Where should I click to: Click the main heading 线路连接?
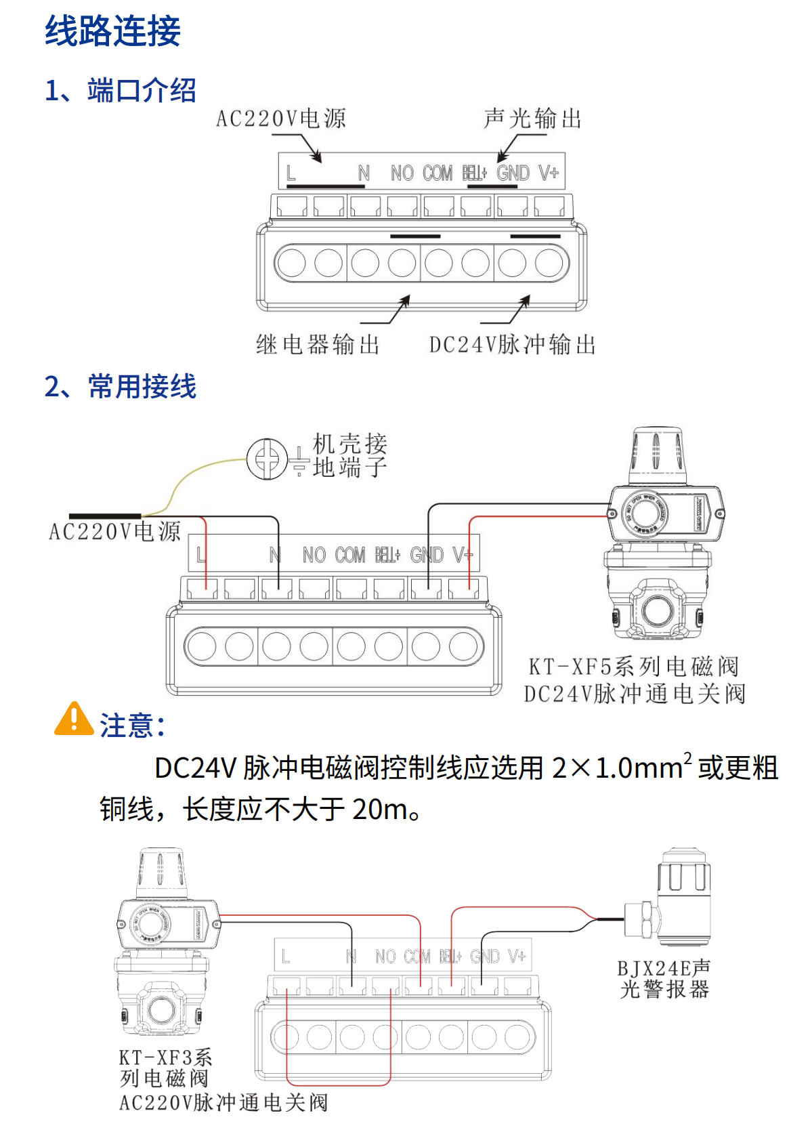[112, 31]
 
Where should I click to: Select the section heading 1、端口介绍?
[120, 90]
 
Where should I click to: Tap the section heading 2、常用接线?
[120, 387]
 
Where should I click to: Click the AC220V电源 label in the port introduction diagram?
[281, 119]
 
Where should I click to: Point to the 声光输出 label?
[533, 119]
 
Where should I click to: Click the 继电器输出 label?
[318, 345]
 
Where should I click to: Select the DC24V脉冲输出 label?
[512, 345]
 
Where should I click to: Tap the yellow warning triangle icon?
[74, 719]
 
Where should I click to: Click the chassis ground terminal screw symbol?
[267, 459]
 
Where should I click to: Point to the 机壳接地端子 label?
[349, 455]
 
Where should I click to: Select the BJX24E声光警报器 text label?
[664, 979]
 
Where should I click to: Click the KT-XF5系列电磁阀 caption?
[633, 667]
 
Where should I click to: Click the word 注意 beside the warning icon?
[128, 726]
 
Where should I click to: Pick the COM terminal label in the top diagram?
[437, 174]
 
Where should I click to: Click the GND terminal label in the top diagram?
[513, 174]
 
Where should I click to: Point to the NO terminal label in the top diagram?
[402, 174]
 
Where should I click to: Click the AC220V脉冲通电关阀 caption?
[223, 1103]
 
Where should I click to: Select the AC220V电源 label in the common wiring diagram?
[115, 532]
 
